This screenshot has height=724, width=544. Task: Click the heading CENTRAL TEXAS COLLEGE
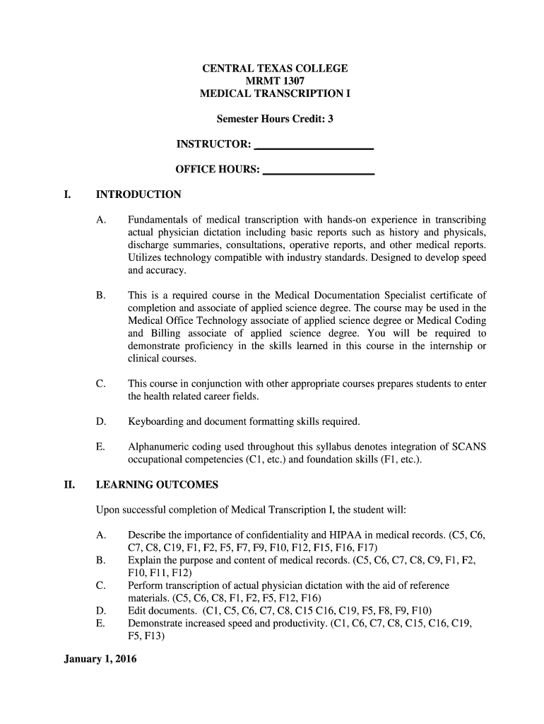coord(275,69)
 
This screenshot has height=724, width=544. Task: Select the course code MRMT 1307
coord(275,81)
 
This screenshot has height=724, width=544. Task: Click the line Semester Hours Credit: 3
coord(274,119)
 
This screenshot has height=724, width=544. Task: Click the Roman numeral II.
coord(68,485)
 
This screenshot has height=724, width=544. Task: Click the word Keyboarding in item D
coord(154,422)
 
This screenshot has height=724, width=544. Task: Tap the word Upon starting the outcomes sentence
coord(107,510)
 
